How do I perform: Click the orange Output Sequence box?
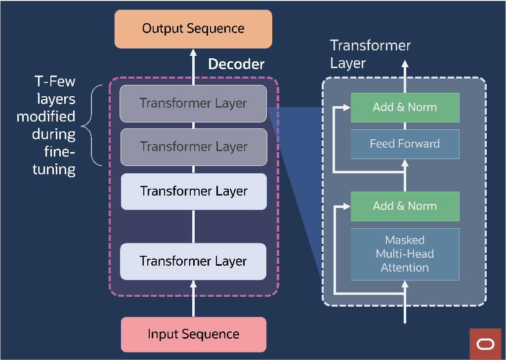(193, 29)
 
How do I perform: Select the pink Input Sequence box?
(193, 334)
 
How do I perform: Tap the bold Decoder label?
(236, 64)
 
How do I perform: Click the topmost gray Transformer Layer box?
(193, 103)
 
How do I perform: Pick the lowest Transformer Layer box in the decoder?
(193, 261)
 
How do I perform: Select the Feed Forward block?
(405, 144)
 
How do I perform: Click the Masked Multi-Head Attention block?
(405, 254)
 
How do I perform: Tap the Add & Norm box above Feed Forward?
(405, 107)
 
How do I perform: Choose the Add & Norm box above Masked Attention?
(405, 206)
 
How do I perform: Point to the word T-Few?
(55, 81)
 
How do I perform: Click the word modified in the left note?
(46, 117)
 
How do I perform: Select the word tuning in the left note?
(54, 170)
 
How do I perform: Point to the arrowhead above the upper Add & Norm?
(405, 64)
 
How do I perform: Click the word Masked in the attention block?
(405, 240)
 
